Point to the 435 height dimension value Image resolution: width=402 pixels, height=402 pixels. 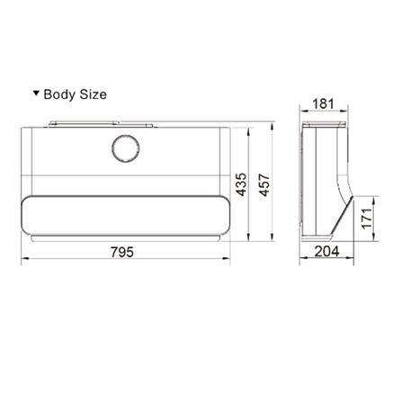pyautogui.click(x=241, y=185)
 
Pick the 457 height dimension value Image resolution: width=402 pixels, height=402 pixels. pyautogui.click(x=264, y=185)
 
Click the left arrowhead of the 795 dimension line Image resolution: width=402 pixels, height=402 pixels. pyautogui.click(x=22, y=263)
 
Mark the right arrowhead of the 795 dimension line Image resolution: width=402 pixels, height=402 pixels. pyautogui.click(x=228, y=263)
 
